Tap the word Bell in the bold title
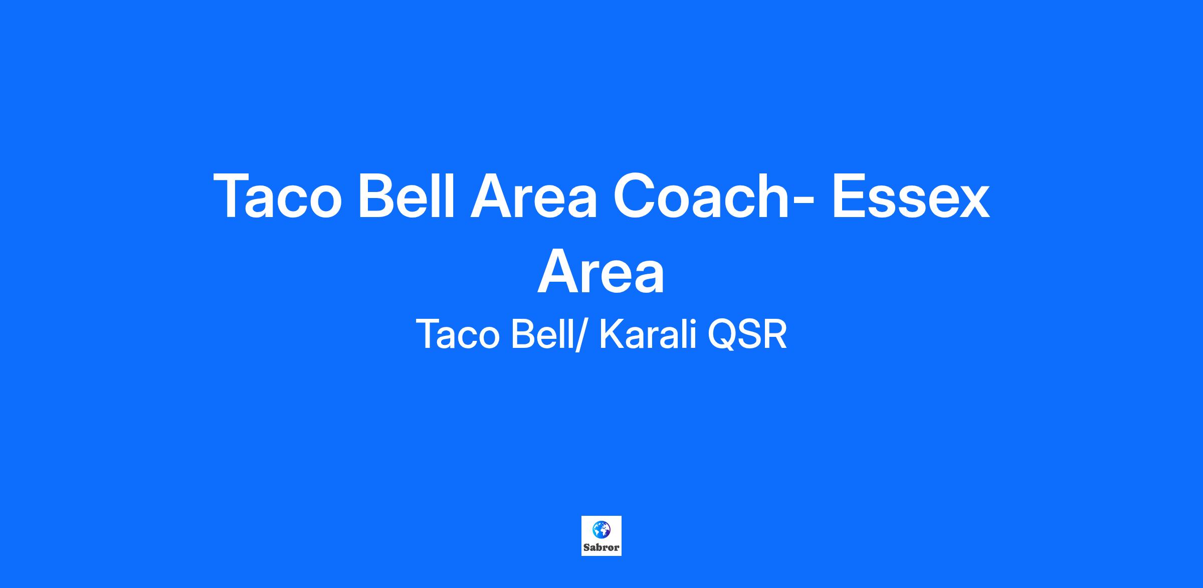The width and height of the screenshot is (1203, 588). click(x=406, y=195)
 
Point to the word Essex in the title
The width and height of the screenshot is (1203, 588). click(x=911, y=196)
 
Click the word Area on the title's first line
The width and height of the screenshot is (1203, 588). click(x=533, y=196)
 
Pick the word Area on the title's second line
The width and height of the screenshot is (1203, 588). click(x=601, y=271)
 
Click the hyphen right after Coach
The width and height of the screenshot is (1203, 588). click(x=805, y=202)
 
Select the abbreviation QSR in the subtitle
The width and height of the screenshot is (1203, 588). click(x=747, y=334)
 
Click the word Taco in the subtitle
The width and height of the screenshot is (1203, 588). click(x=458, y=334)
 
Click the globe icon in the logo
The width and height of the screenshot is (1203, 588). click(x=601, y=529)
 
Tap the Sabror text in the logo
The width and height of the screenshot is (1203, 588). click(x=601, y=547)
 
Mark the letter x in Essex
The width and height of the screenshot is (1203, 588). click(x=972, y=203)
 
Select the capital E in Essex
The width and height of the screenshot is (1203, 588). click(x=851, y=196)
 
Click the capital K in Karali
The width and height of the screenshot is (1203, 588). click(x=612, y=334)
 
